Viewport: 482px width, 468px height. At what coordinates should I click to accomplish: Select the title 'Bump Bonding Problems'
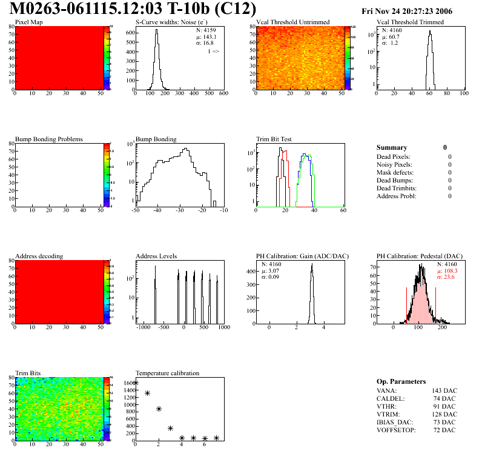click(49, 139)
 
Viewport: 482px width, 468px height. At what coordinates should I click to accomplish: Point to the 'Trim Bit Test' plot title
click(274, 139)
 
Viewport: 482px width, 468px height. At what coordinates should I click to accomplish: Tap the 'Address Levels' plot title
click(156, 256)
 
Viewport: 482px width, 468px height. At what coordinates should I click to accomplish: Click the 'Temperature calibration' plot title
click(168, 373)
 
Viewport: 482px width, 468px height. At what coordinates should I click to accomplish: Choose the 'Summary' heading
click(392, 147)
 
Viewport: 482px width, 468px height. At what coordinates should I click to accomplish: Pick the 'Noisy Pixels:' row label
click(395, 165)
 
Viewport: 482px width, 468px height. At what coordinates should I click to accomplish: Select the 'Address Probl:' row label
click(397, 196)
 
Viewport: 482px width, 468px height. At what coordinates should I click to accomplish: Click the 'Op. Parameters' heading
click(401, 381)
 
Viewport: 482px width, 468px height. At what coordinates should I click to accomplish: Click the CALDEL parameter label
click(389, 398)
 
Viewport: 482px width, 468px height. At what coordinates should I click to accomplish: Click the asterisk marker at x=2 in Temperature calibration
click(159, 409)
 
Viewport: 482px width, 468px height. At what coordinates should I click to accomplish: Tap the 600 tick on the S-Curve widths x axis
click(223, 94)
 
